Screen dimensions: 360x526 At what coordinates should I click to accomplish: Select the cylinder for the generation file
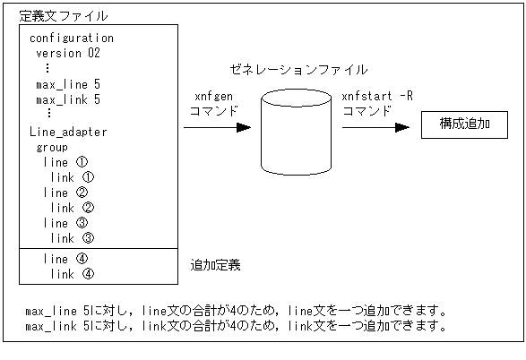point(294,126)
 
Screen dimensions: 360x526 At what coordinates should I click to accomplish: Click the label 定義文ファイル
point(65,15)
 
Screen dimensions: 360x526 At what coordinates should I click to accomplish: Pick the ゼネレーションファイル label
point(299,69)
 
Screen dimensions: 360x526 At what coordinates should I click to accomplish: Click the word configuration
point(72,39)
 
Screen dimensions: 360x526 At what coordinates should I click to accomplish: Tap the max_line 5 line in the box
point(68,84)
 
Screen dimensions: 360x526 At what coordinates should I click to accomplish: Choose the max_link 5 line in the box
point(68,99)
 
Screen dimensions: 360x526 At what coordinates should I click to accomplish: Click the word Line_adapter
point(68,132)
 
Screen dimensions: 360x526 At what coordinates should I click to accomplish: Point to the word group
point(52,147)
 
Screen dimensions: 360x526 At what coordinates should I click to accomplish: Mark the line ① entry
point(65,162)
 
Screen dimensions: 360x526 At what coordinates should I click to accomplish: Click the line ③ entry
point(65,223)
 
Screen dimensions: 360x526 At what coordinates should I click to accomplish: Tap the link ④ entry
point(73,274)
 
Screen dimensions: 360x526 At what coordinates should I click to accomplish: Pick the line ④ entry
point(65,259)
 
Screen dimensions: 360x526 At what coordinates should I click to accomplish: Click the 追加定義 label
point(215,266)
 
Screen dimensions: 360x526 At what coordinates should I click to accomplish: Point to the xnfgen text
point(214,97)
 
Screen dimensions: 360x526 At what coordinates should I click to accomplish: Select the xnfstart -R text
point(377,97)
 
